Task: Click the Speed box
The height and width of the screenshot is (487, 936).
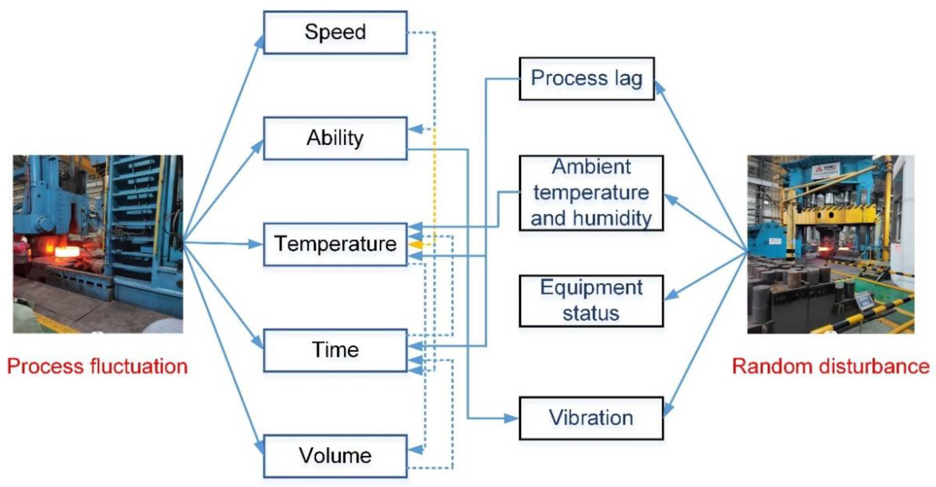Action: click(x=335, y=32)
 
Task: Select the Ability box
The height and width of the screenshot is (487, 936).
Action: click(x=335, y=138)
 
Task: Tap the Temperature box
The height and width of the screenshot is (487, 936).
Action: click(x=335, y=244)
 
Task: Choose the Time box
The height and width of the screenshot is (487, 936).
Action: click(x=335, y=350)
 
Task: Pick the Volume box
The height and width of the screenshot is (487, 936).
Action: click(x=335, y=456)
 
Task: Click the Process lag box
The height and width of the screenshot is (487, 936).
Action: click(x=586, y=78)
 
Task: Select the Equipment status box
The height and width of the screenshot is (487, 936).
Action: click(x=591, y=301)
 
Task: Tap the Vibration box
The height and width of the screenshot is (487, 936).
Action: click(x=591, y=418)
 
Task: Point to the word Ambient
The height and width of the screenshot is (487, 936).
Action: click(x=591, y=167)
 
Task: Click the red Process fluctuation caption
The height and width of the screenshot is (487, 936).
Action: click(x=97, y=366)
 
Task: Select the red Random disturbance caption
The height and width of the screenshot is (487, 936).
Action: click(x=831, y=366)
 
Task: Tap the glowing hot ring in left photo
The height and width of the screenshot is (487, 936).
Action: click(x=67, y=251)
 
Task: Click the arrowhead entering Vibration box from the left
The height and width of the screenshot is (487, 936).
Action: click(x=512, y=418)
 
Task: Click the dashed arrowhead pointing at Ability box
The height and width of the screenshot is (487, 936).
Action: click(x=415, y=129)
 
